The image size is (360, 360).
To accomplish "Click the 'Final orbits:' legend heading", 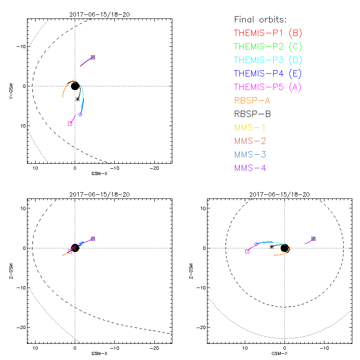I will pos(260,19).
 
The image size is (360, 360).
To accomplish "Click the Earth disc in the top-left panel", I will pos(75,85).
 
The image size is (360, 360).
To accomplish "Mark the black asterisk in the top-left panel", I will pos(78,99).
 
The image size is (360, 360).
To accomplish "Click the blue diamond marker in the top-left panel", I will pos(81,114).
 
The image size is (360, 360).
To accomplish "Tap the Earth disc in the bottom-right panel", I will pos(284,248).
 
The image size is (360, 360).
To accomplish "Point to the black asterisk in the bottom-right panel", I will pos(271,246).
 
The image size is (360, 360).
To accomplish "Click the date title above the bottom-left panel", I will pos(99,194).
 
